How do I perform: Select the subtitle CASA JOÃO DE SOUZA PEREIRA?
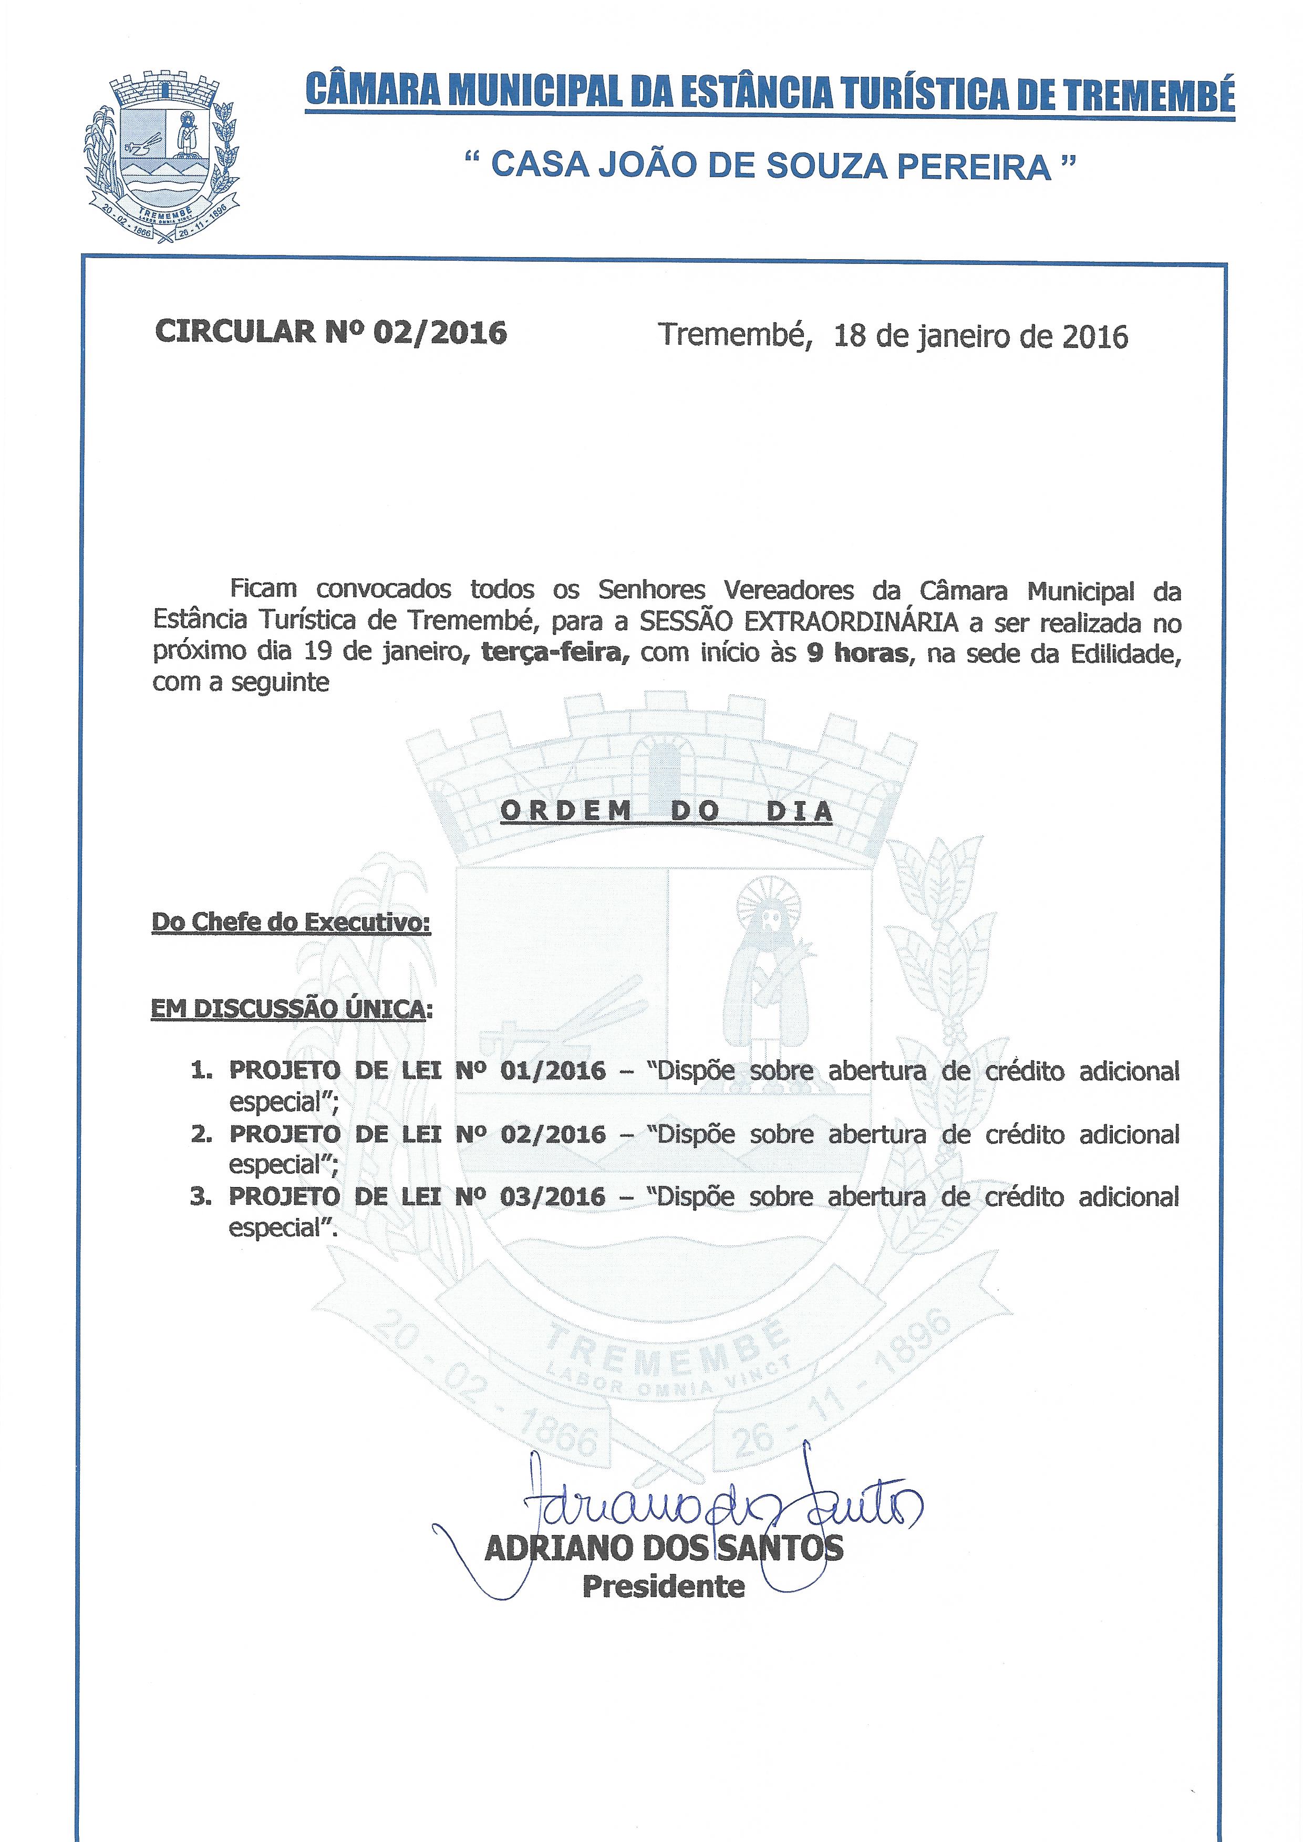click(770, 166)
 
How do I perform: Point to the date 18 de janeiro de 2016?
click(980, 335)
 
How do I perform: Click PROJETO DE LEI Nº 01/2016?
click(417, 1071)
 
